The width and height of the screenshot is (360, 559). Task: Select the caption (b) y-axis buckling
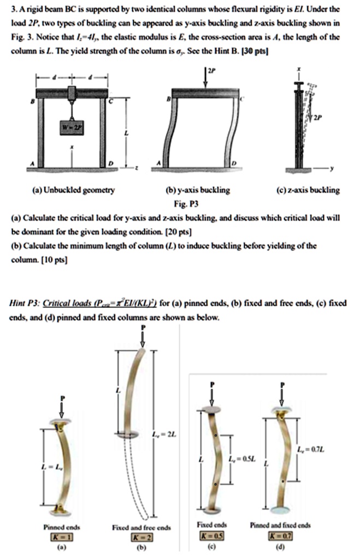tap(200, 191)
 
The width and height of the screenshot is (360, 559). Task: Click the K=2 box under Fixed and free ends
tap(140, 537)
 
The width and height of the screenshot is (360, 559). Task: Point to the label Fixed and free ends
tap(141, 527)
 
